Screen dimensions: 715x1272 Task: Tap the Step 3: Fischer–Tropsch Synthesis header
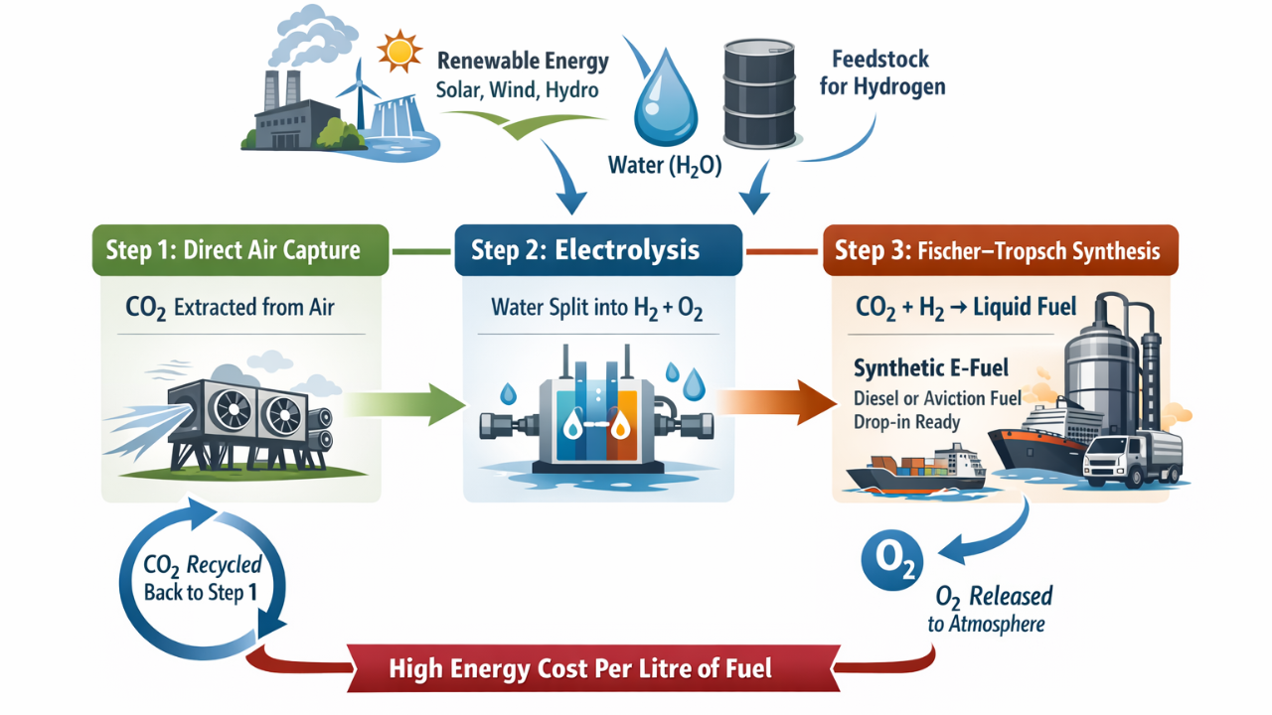[x=999, y=249]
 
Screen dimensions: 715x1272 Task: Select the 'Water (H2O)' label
[x=665, y=164]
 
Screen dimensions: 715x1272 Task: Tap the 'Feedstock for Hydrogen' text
[x=881, y=72]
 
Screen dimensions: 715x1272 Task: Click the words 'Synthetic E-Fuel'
[x=931, y=368]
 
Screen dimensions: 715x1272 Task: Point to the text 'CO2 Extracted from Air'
[x=230, y=307]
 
